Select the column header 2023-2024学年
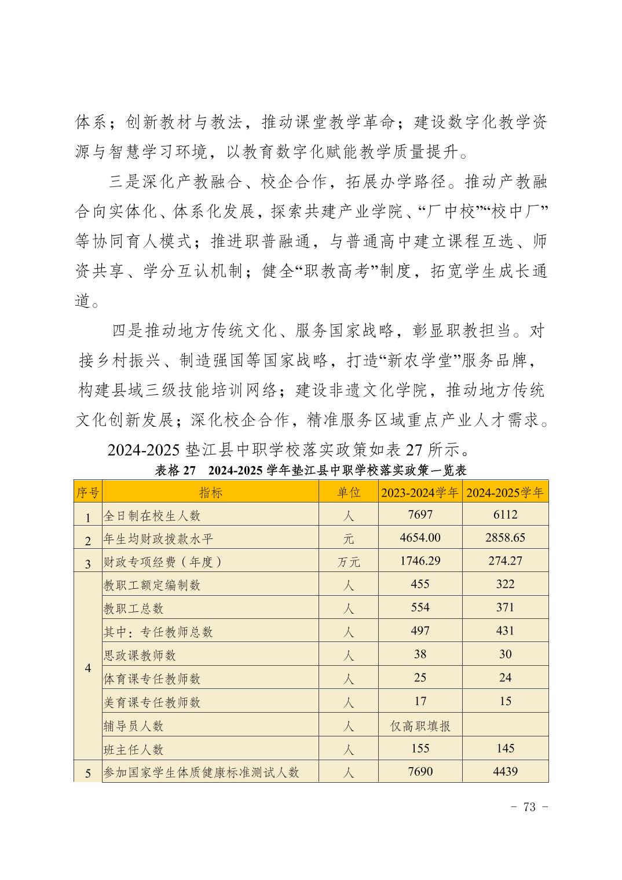point(420,493)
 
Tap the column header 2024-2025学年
point(505,493)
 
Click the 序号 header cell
point(88,493)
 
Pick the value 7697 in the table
point(420,515)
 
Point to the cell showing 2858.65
point(505,538)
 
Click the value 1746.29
point(420,561)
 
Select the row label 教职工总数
point(134,608)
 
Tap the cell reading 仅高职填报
point(420,726)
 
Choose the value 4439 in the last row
point(505,772)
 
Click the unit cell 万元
point(348,562)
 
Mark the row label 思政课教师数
point(140,655)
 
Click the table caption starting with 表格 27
point(311,470)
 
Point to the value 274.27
point(505,561)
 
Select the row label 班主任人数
point(134,750)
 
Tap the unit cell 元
point(348,539)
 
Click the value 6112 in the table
point(505,515)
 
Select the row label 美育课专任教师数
point(152,703)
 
